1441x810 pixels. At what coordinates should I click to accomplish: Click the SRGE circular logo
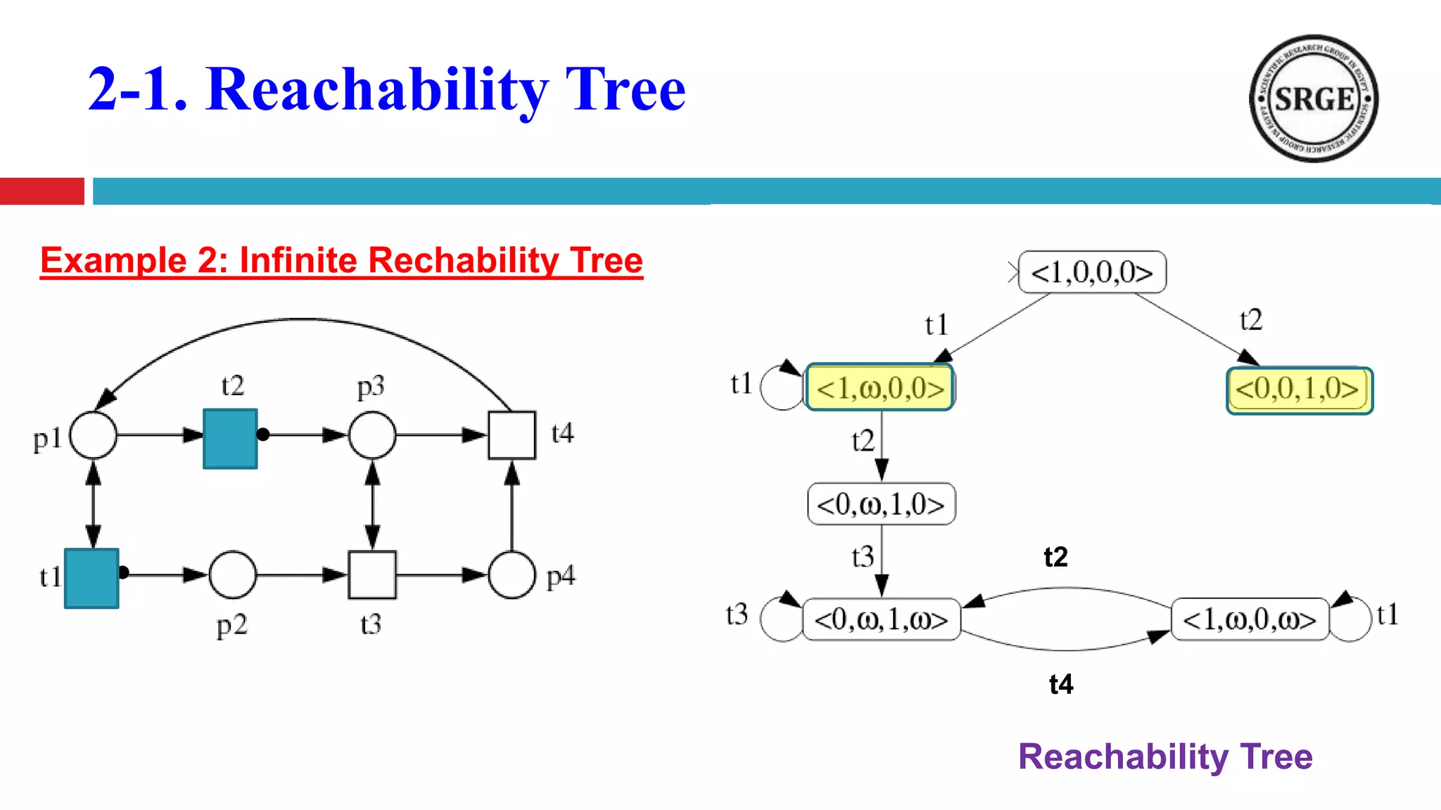pyautogui.click(x=1314, y=98)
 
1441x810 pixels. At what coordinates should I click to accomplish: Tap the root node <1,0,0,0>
pyautogui.click(x=1092, y=272)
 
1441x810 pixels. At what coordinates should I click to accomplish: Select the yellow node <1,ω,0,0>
pyautogui.click(x=880, y=387)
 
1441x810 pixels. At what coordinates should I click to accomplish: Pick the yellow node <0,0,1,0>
pyautogui.click(x=1299, y=390)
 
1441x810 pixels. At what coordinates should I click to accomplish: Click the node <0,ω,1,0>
pyautogui.click(x=881, y=504)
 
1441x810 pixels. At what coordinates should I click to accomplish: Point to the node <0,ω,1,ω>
pyautogui.click(x=881, y=619)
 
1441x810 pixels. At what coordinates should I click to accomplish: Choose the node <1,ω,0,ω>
pyautogui.click(x=1250, y=619)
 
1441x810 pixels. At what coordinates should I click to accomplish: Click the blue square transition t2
pyautogui.click(x=230, y=439)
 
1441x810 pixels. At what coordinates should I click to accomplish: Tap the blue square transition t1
pyautogui.click(x=91, y=578)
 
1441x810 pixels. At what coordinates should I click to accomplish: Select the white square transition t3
pyautogui.click(x=372, y=574)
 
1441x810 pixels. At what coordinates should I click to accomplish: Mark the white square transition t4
pyautogui.click(x=512, y=435)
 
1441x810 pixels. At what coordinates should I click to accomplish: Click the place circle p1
pyautogui.click(x=94, y=435)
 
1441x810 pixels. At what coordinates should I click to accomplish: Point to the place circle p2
pyautogui.click(x=233, y=574)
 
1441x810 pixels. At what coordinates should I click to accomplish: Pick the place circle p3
pyautogui.click(x=372, y=435)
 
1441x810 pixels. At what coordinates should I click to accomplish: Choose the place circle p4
pyautogui.click(x=512, y=574)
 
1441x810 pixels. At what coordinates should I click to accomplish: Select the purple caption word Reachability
pyautogui.click(x=1123, y=757)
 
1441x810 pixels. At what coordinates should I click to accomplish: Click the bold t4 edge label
pyautogui.click(x=1061, y=684)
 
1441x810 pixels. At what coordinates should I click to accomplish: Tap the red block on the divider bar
pyautogui.click(x=42, y=191)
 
